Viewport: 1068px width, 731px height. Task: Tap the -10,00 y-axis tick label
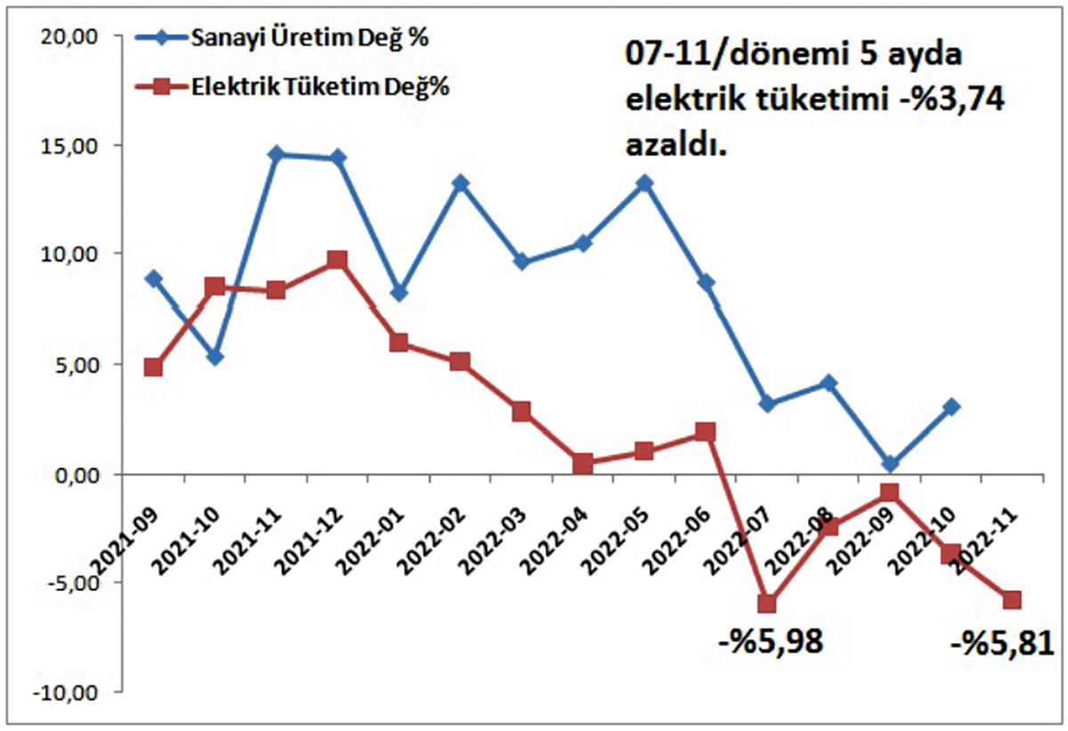coord(69,693)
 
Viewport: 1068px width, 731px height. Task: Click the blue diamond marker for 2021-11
coord(276,154)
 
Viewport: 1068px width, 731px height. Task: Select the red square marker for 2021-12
coord(337,260)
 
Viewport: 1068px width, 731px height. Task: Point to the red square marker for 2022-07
coord(766,605)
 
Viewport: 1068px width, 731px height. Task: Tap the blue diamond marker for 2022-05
coord(644,183)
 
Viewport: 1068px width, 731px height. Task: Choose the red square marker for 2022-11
coord(1012,600)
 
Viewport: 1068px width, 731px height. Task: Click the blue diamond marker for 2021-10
coord(214,357)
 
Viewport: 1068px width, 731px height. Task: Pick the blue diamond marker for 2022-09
coord(889,464)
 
